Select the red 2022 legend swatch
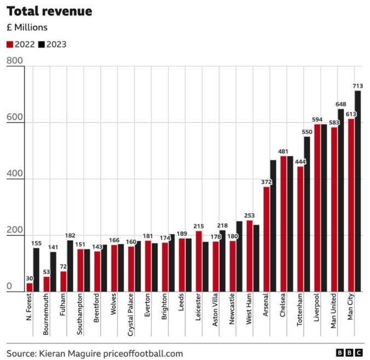point(9,44)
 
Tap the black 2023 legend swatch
point(42,44)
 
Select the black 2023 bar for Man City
point(358,191)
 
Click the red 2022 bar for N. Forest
point(30,287)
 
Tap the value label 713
point(358,86)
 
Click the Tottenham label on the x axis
point(300,310)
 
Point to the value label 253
point(250,216)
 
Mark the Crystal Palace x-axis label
point(131,317)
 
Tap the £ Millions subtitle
point(27,27)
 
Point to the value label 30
point(30,278)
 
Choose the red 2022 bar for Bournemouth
point(47,284)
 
